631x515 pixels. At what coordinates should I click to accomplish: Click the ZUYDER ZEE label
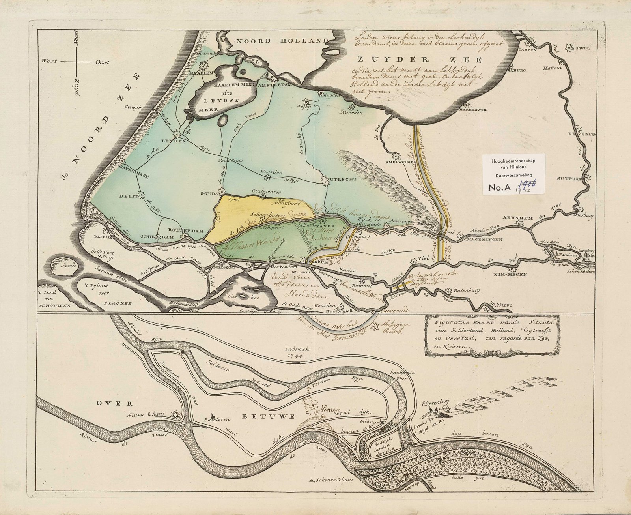(x=419, y=60)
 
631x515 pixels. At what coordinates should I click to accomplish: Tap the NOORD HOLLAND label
(x=282, y=41)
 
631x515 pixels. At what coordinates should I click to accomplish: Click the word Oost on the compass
(x=102, y=62)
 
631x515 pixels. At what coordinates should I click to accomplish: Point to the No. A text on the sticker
(x=500, y=188)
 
